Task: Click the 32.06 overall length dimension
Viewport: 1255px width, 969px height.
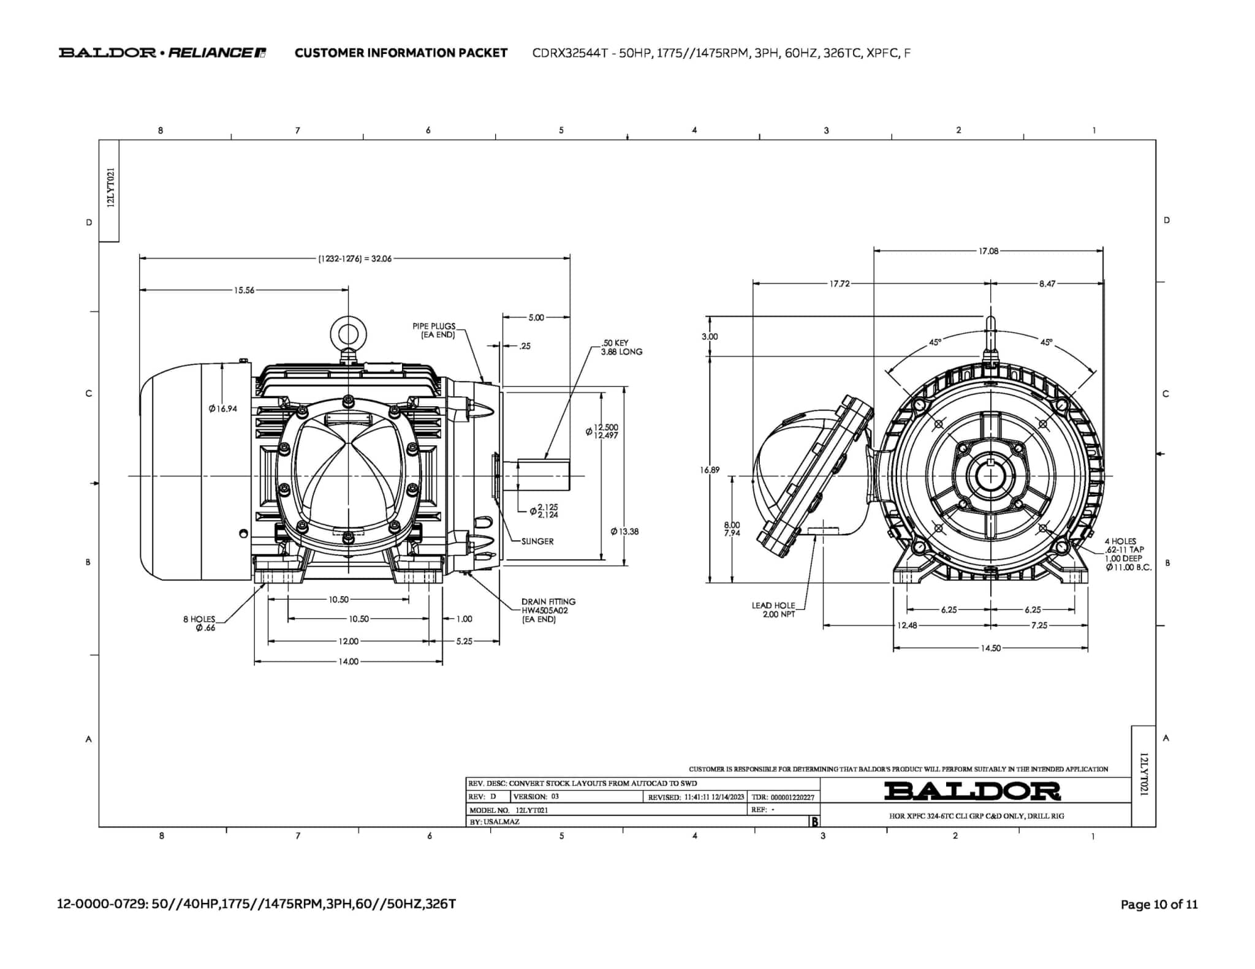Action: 355,258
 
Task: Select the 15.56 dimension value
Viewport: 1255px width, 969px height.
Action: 244,290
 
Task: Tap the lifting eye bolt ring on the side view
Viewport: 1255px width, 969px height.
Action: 348,334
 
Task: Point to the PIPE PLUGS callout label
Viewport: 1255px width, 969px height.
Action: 434,331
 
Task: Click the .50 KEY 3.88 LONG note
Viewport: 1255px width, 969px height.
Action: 621,347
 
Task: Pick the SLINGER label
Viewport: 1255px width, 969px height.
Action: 537,541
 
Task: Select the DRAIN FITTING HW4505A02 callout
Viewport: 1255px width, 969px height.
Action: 548,610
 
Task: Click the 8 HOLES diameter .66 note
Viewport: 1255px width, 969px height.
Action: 200,624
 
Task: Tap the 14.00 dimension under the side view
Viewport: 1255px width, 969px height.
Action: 348,662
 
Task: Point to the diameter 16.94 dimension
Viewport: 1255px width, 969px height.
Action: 222,409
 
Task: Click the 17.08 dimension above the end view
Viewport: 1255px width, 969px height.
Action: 988,251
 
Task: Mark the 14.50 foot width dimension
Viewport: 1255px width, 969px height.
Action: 990,648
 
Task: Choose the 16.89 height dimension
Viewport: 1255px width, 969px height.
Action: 710,470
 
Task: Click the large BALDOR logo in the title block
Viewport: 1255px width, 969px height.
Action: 972,791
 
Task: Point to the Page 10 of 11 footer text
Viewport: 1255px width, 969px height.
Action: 1159,904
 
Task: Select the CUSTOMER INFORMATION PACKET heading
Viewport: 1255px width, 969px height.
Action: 401,53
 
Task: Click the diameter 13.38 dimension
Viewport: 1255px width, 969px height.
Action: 624,531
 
